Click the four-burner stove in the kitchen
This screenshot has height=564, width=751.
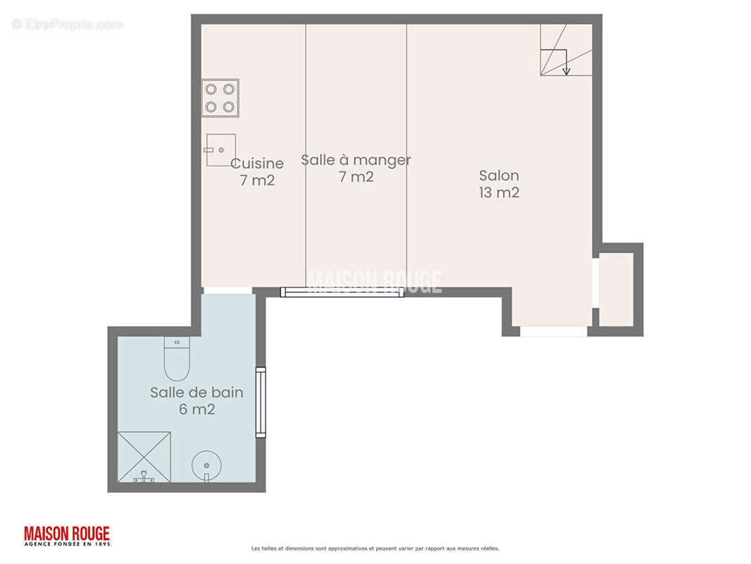click(x=220, y=98)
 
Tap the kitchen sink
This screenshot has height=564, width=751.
click(x=221, y=150)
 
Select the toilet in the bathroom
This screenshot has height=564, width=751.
click(x=177, y=358)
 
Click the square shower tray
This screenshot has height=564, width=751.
click(x=144, y=457)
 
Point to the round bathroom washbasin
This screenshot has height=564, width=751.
click(x=206, y=465)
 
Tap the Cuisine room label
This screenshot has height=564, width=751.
click(x=257, y=164)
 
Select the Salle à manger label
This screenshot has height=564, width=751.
click(x=356, y=160)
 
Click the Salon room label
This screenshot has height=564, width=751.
click(x=499, y=176)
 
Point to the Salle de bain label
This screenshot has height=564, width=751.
click(x=197, y=393)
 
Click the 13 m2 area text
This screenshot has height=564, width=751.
click(x=499, y=192)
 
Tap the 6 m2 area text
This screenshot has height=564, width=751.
click(x=197, y=410)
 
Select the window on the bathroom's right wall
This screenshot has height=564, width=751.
click(x=261, y=402)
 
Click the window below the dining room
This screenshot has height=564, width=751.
click(x=342, y=292)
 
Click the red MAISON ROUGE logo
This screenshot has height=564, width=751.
click(x=67, y=533)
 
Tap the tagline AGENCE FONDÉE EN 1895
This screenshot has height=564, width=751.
click(x=67, y=544)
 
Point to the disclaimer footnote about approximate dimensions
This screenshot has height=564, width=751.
click(x=375, y=548)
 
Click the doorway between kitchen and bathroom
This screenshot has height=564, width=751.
click(x=228, y=290)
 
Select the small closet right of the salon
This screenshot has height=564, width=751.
click(x=616, y=290)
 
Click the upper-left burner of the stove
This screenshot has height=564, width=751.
click(x=211, y=89)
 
